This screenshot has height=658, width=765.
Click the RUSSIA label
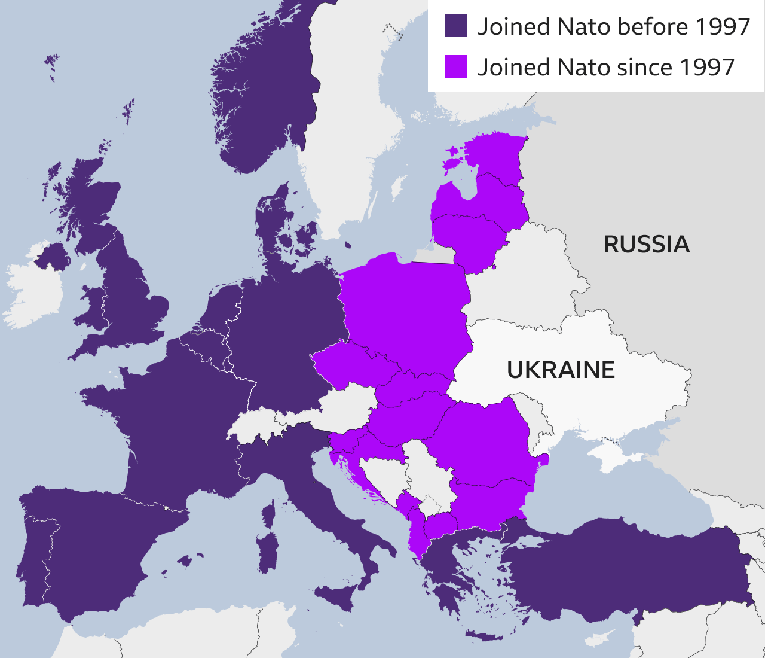(x=646, y=244)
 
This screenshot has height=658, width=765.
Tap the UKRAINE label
(x=561, y=370)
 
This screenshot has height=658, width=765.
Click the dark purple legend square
(x=455, y=26)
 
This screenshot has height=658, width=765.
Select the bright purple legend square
(x=455, y=66)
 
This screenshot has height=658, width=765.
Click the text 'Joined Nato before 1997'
(x=613, y=26)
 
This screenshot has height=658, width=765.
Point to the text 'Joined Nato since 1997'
(x=605, y=67)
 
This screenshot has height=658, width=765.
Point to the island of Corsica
(x=270, y=514)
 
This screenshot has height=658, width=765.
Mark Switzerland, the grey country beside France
(x=257, y=425)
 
